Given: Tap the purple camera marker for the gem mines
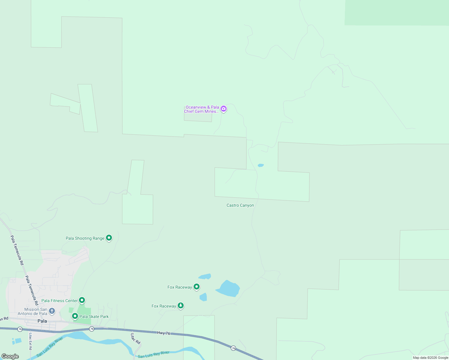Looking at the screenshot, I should (223, 109).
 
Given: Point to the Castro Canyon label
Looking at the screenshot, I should (240, 205).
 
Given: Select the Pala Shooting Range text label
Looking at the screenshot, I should (85, 238).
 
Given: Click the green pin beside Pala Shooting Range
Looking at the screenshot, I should (109, 238).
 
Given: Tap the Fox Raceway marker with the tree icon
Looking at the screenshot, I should (180, 305).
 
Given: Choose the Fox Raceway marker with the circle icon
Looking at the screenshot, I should (197, 286).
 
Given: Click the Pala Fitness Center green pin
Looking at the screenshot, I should (82, 300).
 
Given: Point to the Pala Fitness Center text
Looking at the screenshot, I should (59, 301).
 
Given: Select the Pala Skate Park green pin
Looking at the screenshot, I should (75, 316).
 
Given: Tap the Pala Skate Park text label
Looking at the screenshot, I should (94, 317).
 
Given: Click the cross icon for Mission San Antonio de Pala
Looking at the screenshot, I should (52, 311).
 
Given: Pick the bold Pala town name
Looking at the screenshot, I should (42, 321).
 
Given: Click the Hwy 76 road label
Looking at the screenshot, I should (164, 333).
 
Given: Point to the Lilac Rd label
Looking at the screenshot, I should (135, 339).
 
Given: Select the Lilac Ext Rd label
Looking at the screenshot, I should (30, 341).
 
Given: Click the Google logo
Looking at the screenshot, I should (10, 356).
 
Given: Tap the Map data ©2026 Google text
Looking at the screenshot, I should (430, 358).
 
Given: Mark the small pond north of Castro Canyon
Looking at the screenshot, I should (261, 165).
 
